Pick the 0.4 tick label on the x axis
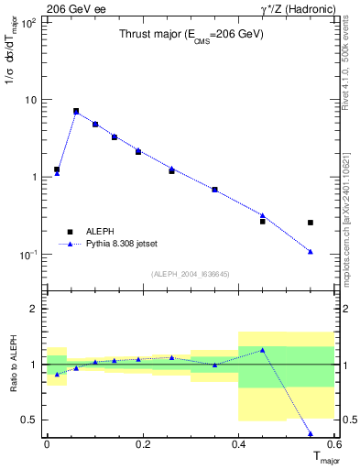click(238, 444)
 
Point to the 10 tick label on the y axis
click(30, 99)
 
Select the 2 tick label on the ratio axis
click(32, 309)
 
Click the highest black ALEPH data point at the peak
click(76, 111)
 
